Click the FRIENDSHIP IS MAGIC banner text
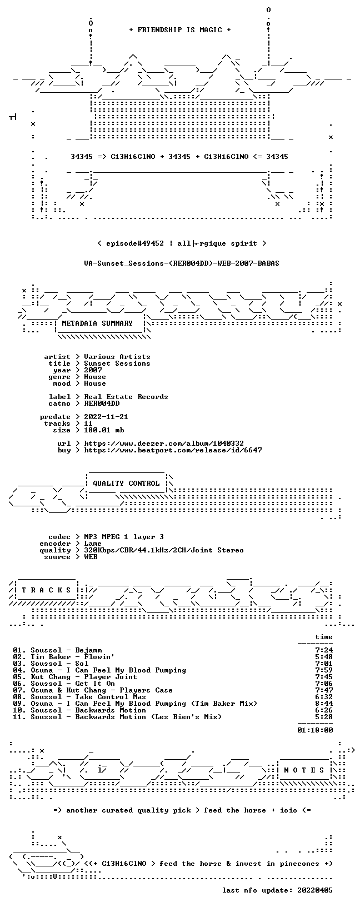[x=180, y=30]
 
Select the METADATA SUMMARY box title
[x=97, y=323]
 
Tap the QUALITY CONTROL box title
[x=126, y=483]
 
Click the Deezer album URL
[x=164, y=443]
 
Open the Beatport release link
[x=173, y=450]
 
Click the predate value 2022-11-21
[x=106, y=417]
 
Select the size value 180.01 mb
[x=104, y=430]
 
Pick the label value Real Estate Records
[x=126, y=397]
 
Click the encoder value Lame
[x=93, y=544]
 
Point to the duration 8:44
[x=324, y=704]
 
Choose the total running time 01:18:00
[x=315, y=730]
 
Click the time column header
[x=324, y=637]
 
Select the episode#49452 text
[x=135, y=243]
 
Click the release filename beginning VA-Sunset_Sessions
[x=182, y=263]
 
